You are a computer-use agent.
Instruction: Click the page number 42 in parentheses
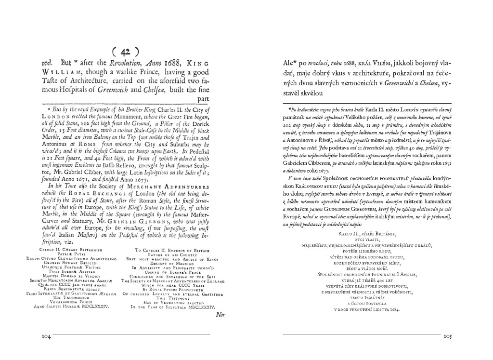[125, 52]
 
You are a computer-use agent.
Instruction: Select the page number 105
[447, 337]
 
